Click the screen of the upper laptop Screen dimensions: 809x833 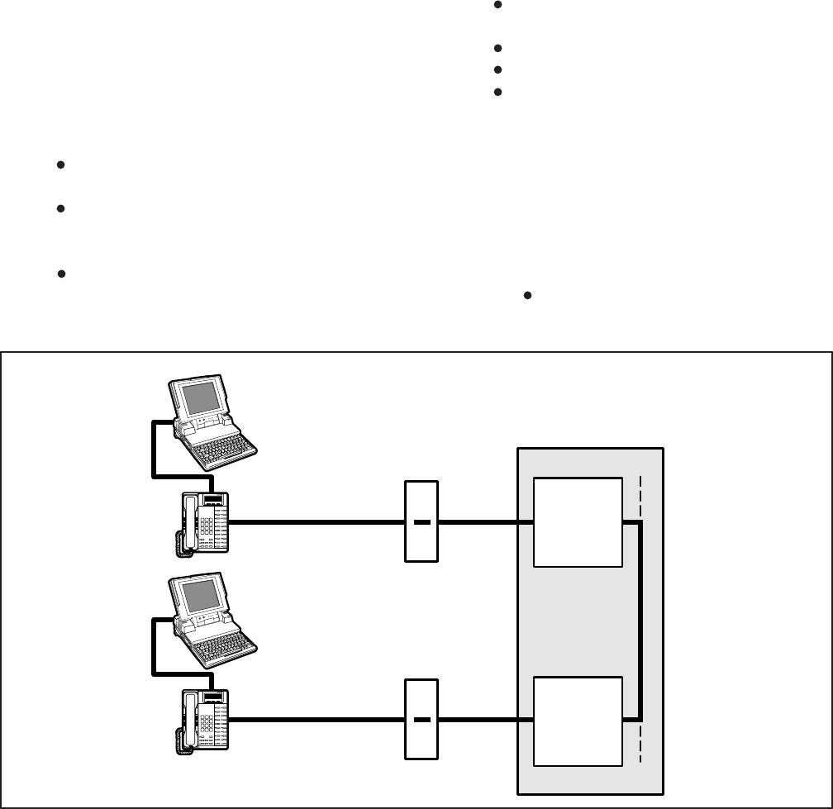(x=199, y=399)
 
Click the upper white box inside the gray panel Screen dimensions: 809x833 (x=578, y=522)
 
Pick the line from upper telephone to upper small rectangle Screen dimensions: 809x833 (x=314, y=522)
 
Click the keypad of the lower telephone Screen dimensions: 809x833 (x=207, y=722)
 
